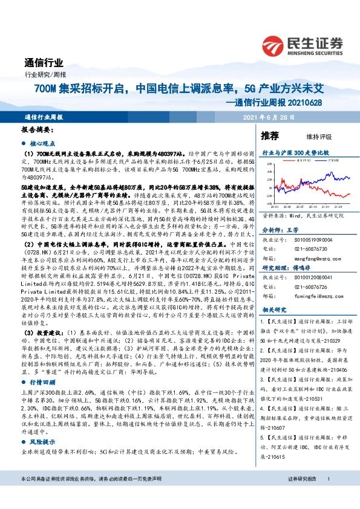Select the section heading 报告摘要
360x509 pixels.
38,130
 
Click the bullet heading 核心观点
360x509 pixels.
42,144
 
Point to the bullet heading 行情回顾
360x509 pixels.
42,366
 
